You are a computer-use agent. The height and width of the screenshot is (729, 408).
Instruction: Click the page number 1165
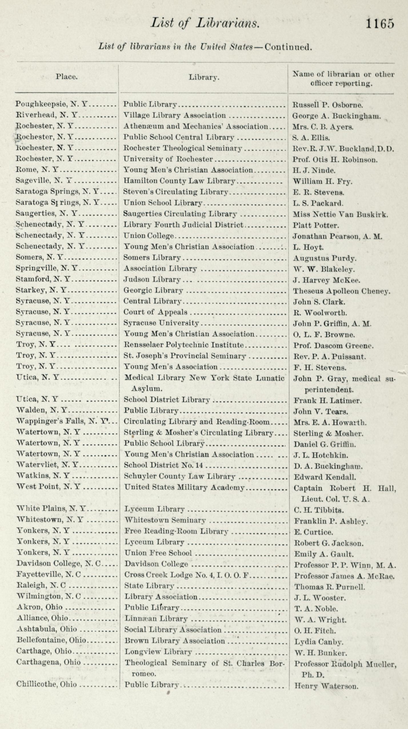[380, 23]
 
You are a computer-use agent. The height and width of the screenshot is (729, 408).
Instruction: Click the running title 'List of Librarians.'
[205, 23]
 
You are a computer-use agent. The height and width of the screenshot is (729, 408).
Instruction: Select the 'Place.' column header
[67, 77]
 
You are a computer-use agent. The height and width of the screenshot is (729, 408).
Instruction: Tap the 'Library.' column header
[204, 77]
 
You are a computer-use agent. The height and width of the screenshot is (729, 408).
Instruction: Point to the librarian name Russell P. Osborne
[328, 105]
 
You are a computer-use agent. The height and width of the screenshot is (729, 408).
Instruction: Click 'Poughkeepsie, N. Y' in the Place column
[51, 104]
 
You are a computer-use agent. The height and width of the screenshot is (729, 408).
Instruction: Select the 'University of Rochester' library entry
[168, 159]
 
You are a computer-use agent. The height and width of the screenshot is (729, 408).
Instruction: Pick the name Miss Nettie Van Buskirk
[340, 215]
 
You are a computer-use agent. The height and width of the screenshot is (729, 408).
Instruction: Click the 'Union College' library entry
[149, 236]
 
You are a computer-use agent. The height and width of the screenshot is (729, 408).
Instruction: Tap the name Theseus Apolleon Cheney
[341, 291]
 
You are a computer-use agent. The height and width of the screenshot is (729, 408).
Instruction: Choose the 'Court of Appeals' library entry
[155, 312]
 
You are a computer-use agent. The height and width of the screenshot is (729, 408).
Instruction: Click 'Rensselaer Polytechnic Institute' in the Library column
[184, 345]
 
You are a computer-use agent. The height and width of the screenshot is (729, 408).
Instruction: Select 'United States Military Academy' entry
[185, 487]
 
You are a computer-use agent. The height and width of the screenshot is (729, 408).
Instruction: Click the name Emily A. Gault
[324, 554]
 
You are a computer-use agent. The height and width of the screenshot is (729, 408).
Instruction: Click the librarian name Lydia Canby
[319, 642]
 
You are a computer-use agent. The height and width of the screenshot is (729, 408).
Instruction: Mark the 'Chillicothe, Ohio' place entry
[47, 684]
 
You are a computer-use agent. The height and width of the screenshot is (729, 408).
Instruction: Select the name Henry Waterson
[326, 686]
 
